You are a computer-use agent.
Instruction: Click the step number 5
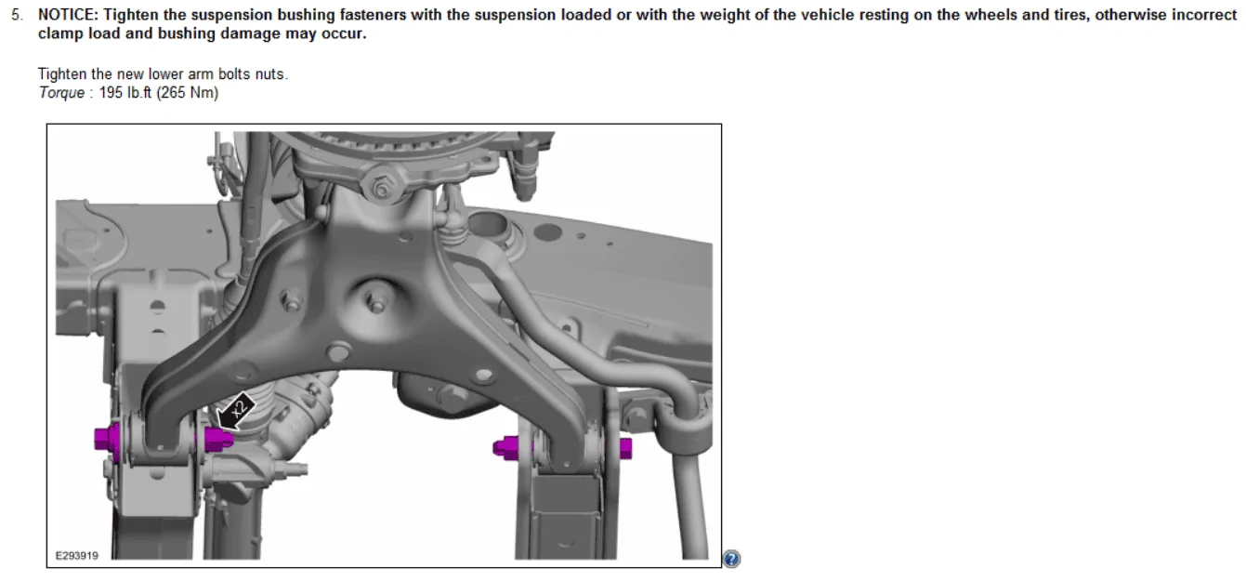(x=17, y=15)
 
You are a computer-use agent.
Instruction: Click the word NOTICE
(x=67, y=15)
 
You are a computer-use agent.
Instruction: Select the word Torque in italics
(x=61, y=93)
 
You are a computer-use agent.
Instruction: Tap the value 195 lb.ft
(x=125, y=92)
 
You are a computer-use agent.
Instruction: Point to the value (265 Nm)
(x=188, y=92)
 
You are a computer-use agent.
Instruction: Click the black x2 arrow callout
(x=236, y=412)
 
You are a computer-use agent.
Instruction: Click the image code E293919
(x=77, y=555)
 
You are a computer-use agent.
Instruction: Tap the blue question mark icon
(x=731, y=558)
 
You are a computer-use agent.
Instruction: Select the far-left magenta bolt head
(x=107, y=440)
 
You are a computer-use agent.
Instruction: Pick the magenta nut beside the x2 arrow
(x=218, y=439)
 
